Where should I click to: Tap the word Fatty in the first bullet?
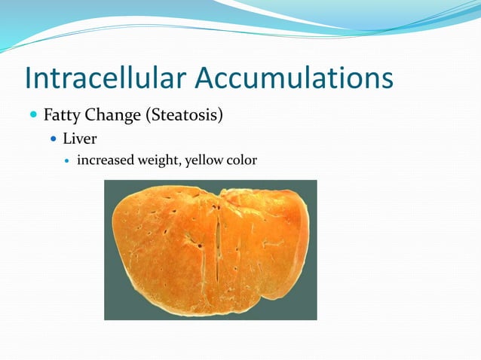60,116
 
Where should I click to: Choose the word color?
241,160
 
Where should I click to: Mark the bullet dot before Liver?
53,140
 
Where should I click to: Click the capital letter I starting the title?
29,79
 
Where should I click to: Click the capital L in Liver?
66,139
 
